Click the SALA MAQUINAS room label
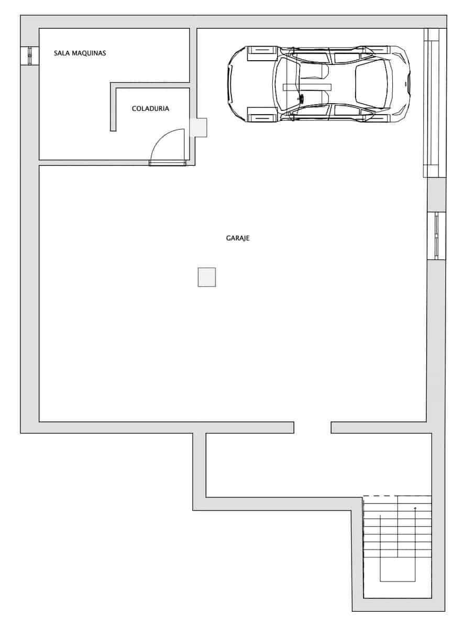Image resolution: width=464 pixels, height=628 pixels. click(x=80, y=53)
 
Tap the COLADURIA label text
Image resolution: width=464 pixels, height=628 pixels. click(x=150, y=108)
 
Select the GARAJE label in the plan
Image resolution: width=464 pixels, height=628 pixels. click(x=238, y=238)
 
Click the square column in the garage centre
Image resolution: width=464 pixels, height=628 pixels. click(x=207, y=277)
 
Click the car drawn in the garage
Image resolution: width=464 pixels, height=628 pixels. click(x=318, y=84)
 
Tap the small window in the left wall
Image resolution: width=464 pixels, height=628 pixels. click(x=29, y=56)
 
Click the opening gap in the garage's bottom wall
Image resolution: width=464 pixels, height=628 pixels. click(x=312, y=428)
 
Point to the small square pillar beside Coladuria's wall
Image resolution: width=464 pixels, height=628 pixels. click(x=198, y=127)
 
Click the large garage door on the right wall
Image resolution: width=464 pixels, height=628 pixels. click(x=435, y=103)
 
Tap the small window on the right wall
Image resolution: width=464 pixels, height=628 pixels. click(x=437, y=236)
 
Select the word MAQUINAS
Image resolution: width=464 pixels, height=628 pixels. click(x=89, y=53)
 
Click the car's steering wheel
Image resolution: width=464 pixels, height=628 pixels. click(x=301, y=98)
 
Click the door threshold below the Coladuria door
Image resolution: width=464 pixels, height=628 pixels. click(x=168, y=163)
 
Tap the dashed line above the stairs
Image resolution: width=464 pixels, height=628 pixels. click(x=380, y=496)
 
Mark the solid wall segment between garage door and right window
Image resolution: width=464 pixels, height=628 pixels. click(x=437, y=195)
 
